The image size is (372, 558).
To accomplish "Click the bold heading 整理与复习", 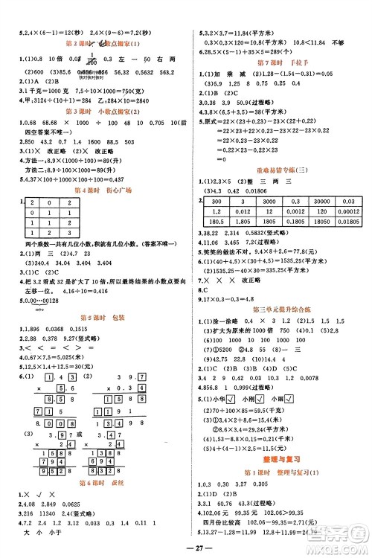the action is click(280, 462).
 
